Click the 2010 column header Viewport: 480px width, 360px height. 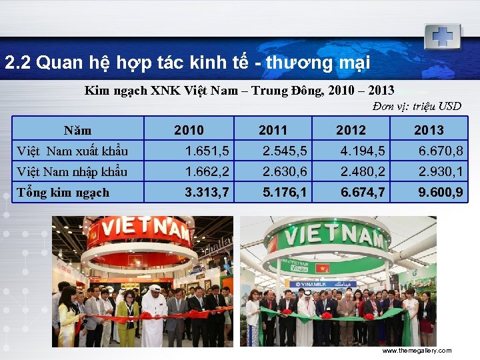tap(189, 130)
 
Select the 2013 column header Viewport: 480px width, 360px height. tap(429, 130)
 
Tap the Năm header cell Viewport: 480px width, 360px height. tap(77, 130)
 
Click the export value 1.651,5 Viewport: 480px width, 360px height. tap(207, 151)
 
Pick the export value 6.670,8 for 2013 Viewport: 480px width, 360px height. tap(441, 151)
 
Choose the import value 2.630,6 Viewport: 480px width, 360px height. tap(285, 171)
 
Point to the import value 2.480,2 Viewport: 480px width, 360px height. tap(363, 171)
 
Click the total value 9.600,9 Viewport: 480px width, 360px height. tap(441, 193)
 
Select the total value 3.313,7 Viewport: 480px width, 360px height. tap(207, 193)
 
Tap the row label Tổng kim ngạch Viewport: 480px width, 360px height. tap(63, 193)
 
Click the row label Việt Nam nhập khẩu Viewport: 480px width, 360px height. tap(72, 171)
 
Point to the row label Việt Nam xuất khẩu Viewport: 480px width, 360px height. tap(72, 151)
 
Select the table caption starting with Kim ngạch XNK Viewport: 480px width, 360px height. tap(239, 90)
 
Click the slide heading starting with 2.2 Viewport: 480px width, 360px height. tap(187, 63)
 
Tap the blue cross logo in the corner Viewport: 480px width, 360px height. tap(442, 35)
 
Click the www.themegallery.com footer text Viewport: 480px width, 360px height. tap(416, 351)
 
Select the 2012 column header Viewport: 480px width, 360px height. tap(351, 130)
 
